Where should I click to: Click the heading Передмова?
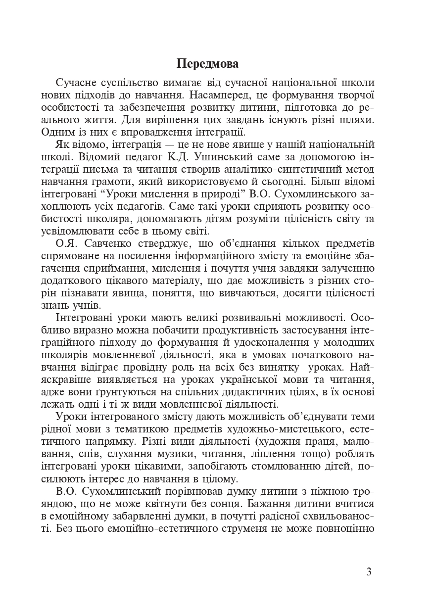click(x=207, y=64)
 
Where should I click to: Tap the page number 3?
click(x=369, y=572)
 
